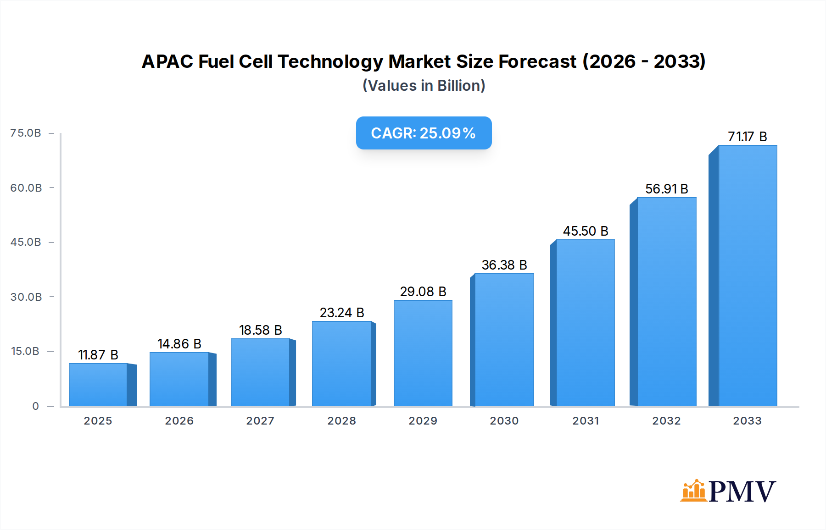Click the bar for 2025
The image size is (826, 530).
(x=98, y=385)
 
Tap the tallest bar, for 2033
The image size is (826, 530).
(x=748, y=276)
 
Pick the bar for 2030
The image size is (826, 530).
(x=504, y=340)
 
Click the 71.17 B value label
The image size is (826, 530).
(x=747, y=137)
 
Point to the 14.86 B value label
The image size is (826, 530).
(x=179, y=344)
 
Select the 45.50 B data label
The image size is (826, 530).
(x=586, y=231)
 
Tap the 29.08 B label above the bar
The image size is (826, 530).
(x=423, y=292)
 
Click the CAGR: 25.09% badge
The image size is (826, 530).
(x=424, y=133)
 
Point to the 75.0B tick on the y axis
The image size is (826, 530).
(x=26, y=133)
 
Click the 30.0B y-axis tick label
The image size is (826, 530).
(x=26, y=297)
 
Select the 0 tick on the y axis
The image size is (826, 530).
(x=35, y=406)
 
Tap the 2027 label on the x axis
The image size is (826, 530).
(x=260, y=421)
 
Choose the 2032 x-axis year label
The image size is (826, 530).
(x=666, y=421)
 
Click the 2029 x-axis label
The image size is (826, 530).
(x=423, y=421)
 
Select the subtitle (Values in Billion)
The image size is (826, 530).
(x=424, y=86)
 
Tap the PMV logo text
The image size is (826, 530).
(x=742, y=491)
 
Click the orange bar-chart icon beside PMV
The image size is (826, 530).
(x=693, y=491)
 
